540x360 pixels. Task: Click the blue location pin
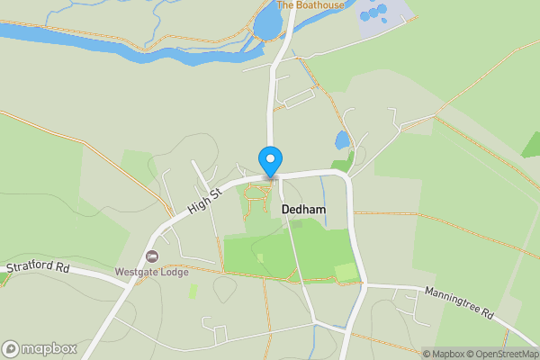click(x=270, y=161)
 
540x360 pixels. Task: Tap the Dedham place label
click(x=303, y=209)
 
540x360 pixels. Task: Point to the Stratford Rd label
click(x=37, y=267)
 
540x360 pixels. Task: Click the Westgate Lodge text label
click(x=151, y=273)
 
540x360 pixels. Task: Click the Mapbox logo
click(x=40, y=348)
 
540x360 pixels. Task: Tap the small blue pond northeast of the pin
click(x=342, y=140)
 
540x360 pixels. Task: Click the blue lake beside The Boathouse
click(x=268, y=23)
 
